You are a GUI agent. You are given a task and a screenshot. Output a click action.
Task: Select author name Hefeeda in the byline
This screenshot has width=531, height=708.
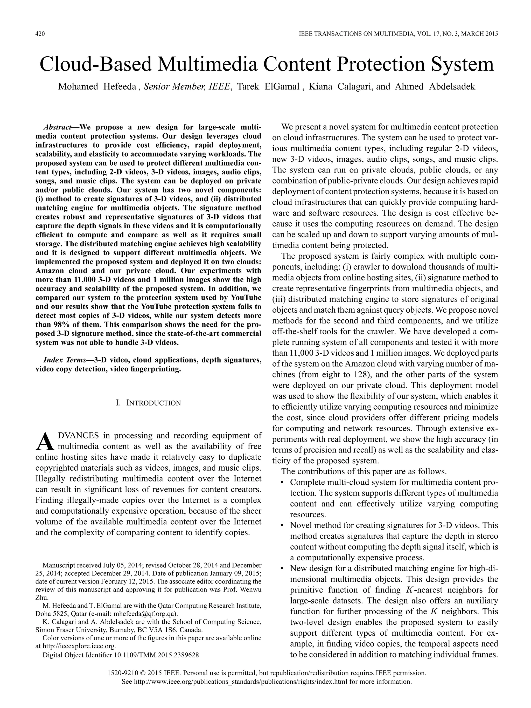[x=120, y=87]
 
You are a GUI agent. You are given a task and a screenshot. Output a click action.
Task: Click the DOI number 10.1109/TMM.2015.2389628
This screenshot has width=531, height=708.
[x=156, y=655]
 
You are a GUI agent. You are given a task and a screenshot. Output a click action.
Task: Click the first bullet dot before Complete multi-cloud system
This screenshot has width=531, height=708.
[x=282, y=483]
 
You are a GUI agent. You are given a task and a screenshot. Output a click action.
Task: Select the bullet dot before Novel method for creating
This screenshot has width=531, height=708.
[x=282, y=526]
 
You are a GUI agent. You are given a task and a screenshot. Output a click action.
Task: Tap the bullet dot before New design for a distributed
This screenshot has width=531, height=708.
[x=282, y=569]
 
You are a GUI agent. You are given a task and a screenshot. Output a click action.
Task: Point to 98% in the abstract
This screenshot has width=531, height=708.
[x=57, y=325]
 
